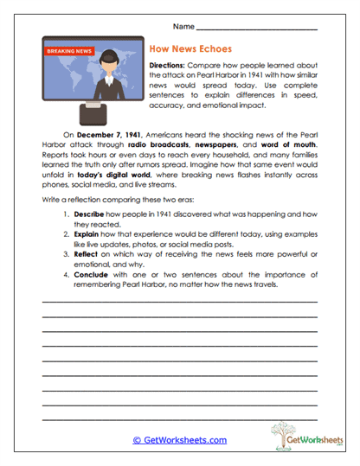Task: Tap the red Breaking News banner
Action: pyautogui.click(x=67, y=51)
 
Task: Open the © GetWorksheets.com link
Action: pyautogui.click(x=179, y=440)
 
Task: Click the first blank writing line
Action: pyautogui.click(x=179, y=301)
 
